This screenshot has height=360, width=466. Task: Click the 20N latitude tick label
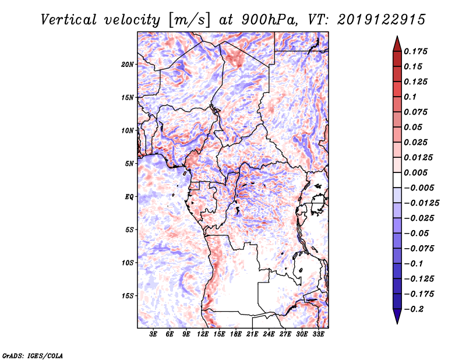click(x=128, y=64)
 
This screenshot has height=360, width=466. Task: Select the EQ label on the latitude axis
click(x=129, y=197)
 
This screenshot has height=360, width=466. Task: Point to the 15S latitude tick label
click(x=128, y=296)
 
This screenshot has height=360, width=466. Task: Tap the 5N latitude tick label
click(x=129, y=164)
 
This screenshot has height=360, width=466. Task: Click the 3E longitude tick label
click(x=153, y=335)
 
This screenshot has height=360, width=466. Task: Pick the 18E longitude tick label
click(x=236, y=335)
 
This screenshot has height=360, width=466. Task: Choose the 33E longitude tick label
click(x=319, y=335)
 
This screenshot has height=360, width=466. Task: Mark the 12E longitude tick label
click(x=203, y=335)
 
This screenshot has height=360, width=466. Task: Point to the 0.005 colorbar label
click(x=417, y=173)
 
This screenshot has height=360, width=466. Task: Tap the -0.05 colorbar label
click(x=416, y=233)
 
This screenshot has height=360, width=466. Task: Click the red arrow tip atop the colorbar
click(x=397, y=41)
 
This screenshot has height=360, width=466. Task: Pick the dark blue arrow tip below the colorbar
click(x=397, y=318)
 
